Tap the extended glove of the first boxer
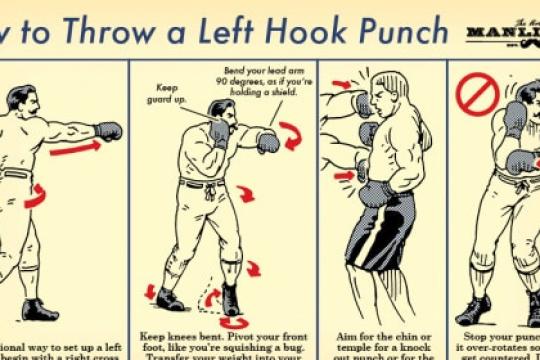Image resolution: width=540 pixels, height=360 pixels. [x=108, y=131]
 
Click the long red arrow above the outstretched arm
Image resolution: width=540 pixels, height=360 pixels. [x=79, y=148]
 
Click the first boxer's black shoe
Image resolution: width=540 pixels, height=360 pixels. [x=40, y=310]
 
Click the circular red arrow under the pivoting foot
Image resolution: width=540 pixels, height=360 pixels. [x=236, y=322]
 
